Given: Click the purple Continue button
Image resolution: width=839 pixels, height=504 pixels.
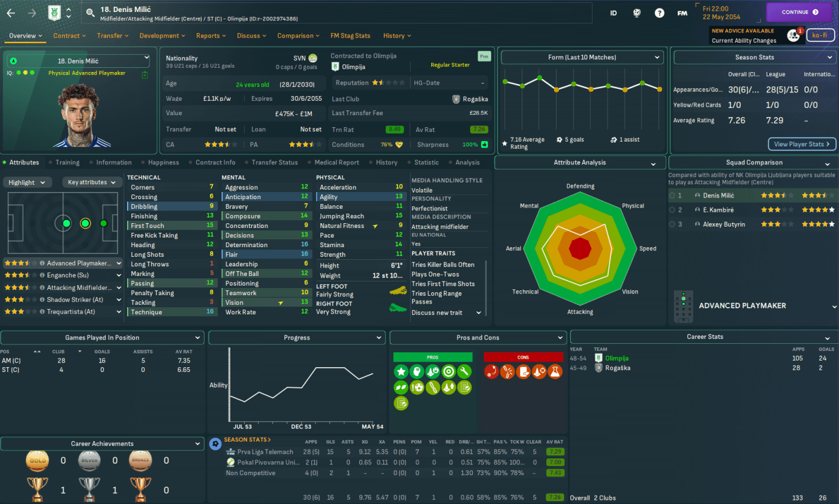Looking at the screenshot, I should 799,12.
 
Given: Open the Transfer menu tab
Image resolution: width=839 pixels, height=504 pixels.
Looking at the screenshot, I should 113,35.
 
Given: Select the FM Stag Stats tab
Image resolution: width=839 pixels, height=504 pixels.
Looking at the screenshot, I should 350,35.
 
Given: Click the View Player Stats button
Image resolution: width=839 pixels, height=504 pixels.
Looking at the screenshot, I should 801,144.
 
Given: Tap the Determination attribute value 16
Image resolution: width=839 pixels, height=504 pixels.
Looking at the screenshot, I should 305,245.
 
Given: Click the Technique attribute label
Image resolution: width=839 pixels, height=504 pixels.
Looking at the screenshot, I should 146,312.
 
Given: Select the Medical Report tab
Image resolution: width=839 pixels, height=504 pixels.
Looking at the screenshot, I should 336,163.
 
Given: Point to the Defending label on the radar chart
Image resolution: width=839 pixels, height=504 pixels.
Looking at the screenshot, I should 580,186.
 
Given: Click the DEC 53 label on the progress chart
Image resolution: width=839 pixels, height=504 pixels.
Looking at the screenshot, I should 300,427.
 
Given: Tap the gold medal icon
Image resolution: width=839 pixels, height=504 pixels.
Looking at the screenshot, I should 38,461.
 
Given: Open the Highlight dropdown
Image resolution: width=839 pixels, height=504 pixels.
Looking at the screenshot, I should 28,182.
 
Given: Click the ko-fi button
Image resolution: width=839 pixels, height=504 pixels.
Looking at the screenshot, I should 820,35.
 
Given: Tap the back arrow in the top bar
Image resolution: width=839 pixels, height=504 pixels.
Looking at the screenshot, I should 11,13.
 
